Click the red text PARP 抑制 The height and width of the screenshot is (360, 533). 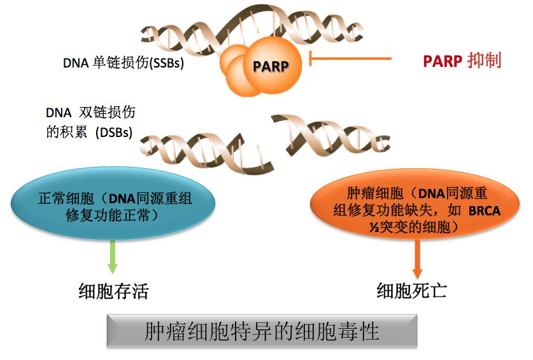[x=462, y=61]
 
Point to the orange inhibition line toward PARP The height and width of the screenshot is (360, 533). [x=350, y=59]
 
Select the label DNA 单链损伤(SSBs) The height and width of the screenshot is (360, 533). [x=124, y=64]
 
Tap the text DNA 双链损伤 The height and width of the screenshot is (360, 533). [x=90, y=112]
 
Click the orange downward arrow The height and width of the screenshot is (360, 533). [x=417, y=258]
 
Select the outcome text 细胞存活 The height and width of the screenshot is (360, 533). [x=113, y=291]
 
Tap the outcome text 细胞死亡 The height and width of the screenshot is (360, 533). [x=412, y=291]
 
